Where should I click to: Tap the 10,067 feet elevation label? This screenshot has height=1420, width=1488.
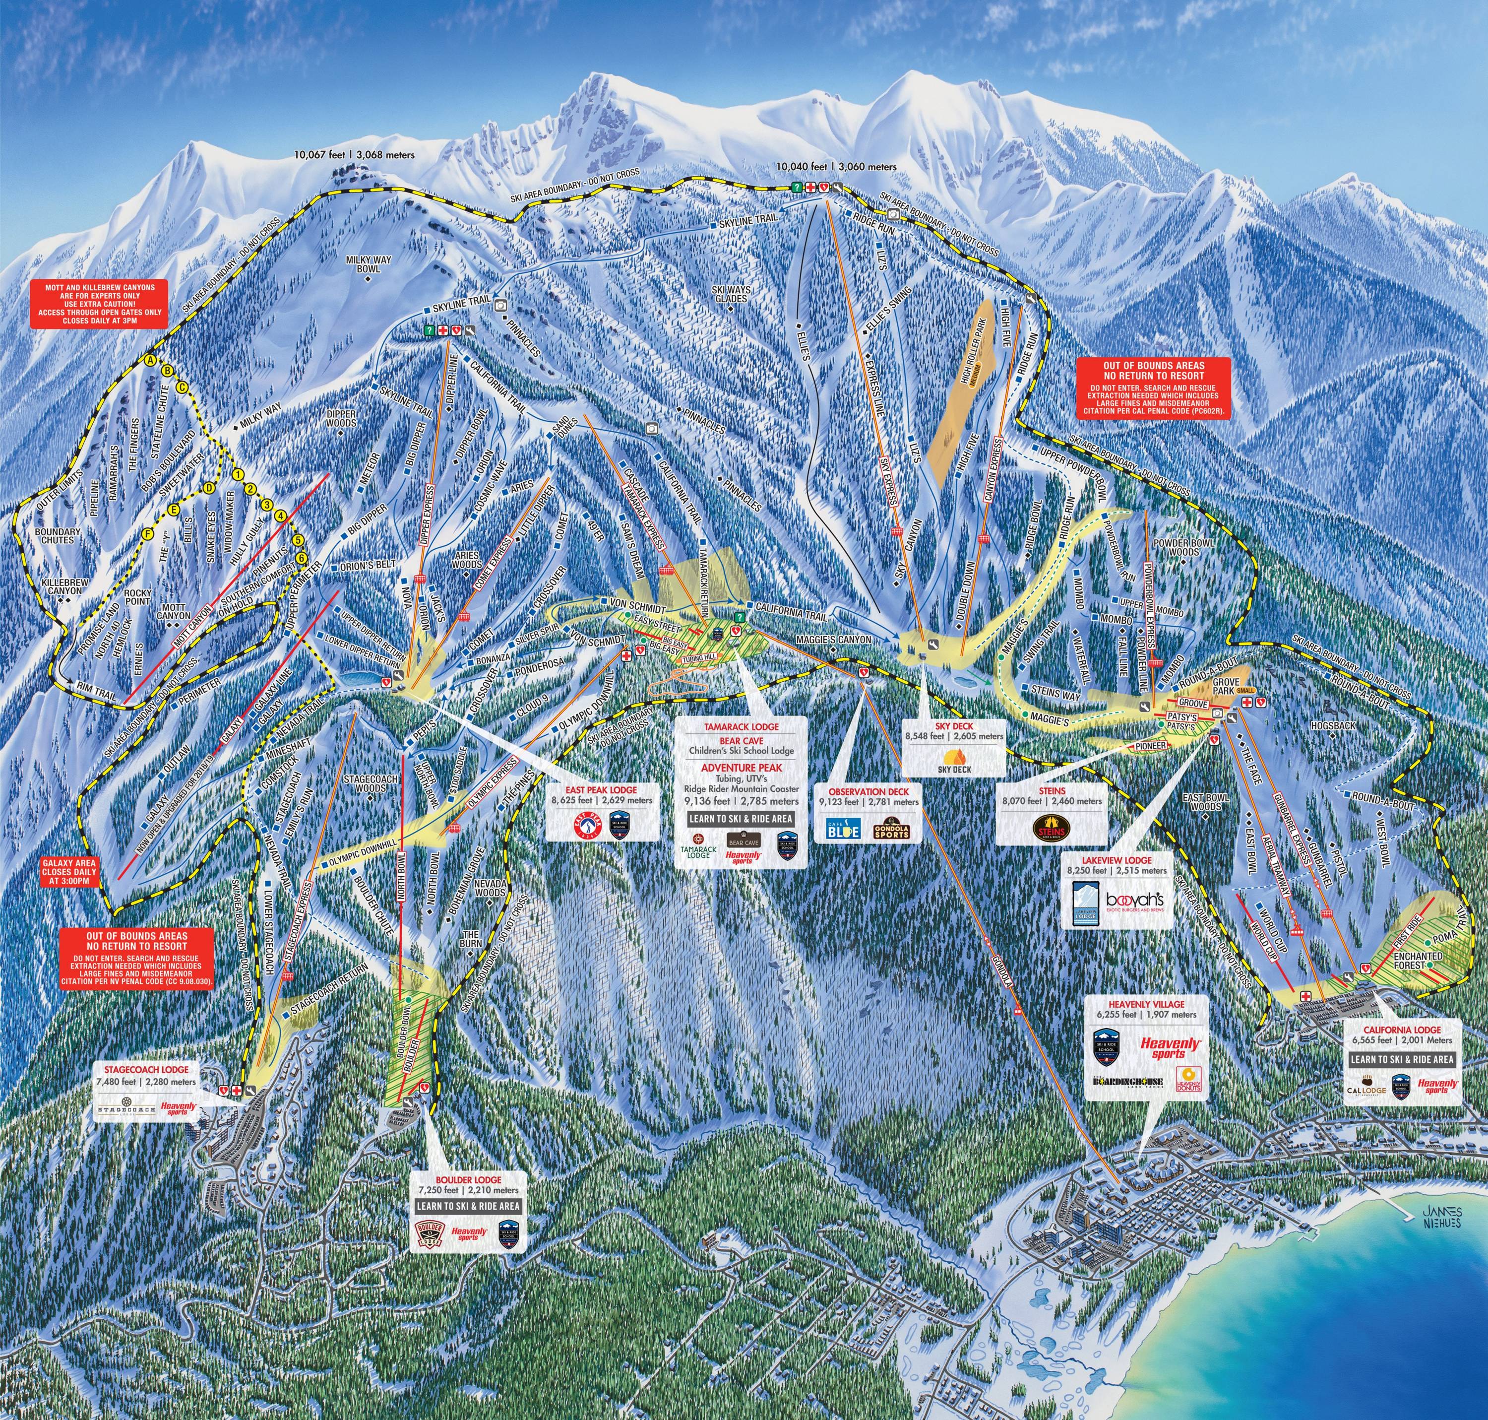click(355, 154)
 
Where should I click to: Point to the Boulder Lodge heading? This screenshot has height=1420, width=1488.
click(468, 1180)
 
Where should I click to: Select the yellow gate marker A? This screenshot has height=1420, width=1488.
click(150, 360)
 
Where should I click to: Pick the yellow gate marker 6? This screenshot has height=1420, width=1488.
click(303, 557)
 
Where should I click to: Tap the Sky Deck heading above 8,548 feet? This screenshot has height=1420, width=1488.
click(954, 726)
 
